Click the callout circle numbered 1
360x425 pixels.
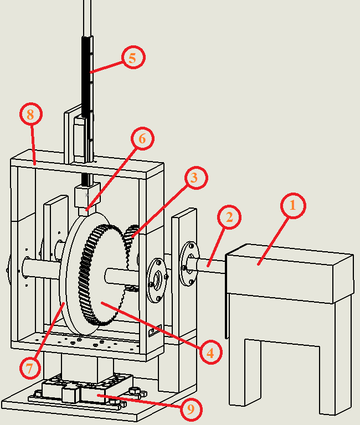(x=293, y=205)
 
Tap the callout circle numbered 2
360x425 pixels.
(x=229, y=217)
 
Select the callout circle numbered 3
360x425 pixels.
(x=196, y=178)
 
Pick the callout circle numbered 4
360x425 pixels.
(x=211, y=353)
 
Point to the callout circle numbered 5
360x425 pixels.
(x=133, y=58)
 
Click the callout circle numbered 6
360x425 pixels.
(x=143, y=138)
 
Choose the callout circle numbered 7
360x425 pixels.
(x=30, y=368)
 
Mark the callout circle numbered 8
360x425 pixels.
(x=31, y=114)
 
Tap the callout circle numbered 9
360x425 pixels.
(x=191, y=409)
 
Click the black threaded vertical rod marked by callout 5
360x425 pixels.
(x=87, y=79)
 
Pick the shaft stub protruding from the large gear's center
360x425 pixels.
(x=120, y=277)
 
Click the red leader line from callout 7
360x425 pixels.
(x=50, y=330)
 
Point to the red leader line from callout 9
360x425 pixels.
(x=139, y=401)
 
